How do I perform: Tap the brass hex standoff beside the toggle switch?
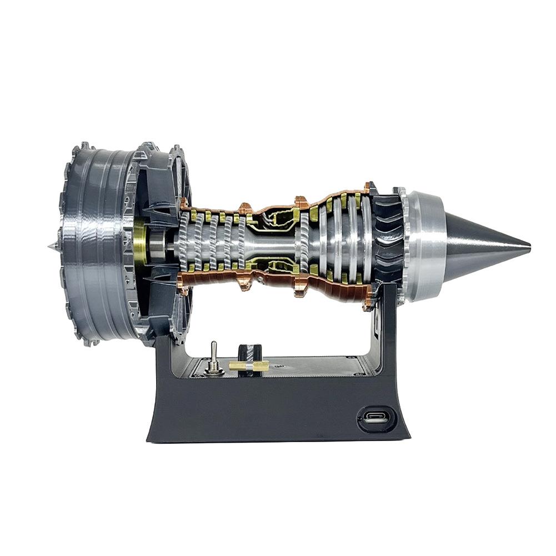(x=249, y=365)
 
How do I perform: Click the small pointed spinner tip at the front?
(x=51, y=245)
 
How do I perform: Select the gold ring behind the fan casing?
(x=139, y=243)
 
